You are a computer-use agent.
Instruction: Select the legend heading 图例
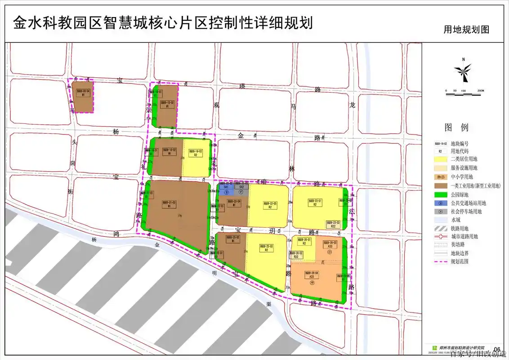[x=457, y=127]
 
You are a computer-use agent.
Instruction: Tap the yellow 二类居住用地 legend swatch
[x=440, y=159]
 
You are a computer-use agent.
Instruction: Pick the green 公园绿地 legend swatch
[x=440, y=194]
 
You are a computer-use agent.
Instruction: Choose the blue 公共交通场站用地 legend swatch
[x=440, y=203]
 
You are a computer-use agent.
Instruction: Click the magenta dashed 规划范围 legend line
[x=440, y=261]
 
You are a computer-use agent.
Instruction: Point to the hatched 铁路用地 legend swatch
[x=440, y=228]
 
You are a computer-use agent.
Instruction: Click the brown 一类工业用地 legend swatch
[x=440, y=185]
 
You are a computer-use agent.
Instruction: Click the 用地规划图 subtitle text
[x=466, y=30]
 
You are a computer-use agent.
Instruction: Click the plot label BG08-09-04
[x=83, y=91]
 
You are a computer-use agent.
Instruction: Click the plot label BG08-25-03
[x=266, y=246]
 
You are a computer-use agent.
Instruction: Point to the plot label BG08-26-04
[x=312, y=274]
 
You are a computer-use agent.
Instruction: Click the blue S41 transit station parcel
[x=226, y=187]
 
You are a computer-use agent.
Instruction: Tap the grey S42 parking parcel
[x=241, y=187]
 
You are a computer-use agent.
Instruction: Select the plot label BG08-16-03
[x=196, y=151]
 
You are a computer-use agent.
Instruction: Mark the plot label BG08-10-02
[x=167, y=103]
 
